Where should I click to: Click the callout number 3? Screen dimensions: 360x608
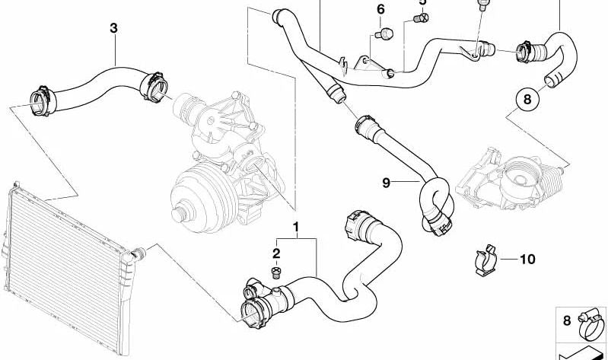[x=113, y=28]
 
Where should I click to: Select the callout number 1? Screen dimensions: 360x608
[x=296, y=228]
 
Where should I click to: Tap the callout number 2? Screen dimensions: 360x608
[x=277, y=253]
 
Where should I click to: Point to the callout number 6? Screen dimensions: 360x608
[x=380, y=10]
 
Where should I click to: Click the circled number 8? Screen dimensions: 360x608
[x=527, y=98]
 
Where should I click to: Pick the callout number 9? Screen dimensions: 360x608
[x=387, y=183]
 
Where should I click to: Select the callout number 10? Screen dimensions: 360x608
[x=527, y=260]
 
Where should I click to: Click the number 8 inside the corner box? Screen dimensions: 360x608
[x=566, y=321]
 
